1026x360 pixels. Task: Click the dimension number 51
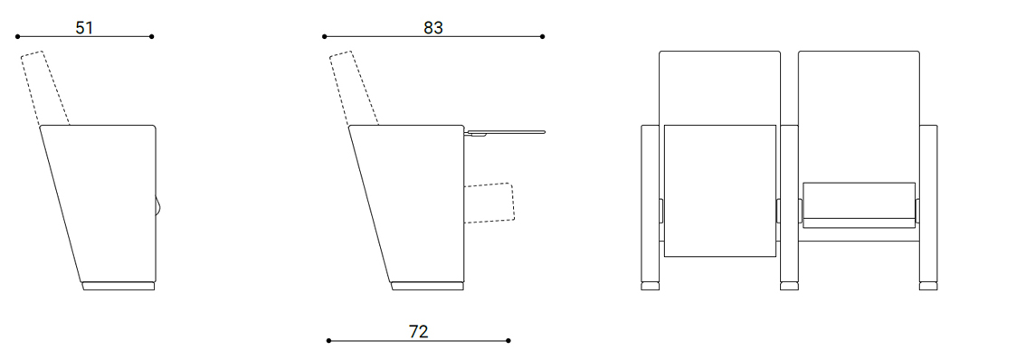84,27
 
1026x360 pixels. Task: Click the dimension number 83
433,27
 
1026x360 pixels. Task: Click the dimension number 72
419,332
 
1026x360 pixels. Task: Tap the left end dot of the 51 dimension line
18,37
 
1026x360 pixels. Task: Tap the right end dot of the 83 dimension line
543,37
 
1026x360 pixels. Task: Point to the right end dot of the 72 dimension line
508,340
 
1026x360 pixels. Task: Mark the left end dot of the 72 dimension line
328,340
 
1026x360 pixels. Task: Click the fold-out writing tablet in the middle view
505,133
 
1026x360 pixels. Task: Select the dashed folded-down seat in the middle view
489,203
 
